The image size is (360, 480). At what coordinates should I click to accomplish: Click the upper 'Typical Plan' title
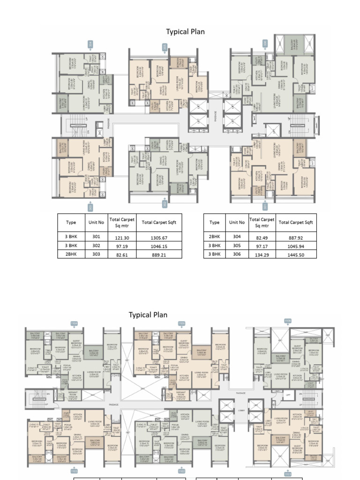pos(185,31)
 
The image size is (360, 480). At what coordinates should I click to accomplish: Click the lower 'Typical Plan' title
pos(148,315)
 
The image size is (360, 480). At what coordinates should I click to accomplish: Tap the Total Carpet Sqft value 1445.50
pos(296,255)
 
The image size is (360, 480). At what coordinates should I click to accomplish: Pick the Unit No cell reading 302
pos(94,246)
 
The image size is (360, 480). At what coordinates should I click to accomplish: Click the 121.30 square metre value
pos(122,238)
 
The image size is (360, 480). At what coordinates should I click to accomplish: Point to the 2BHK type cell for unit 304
pos(214,237)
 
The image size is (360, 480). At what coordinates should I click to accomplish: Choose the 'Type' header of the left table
pos(71,223)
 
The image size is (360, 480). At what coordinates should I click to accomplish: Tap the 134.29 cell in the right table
pos(262,255)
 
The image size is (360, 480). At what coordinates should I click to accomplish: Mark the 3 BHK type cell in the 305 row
pos(214,246)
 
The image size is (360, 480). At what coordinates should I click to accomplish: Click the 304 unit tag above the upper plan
pos(90,45)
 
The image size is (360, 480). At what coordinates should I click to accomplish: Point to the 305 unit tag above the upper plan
pos(165,47)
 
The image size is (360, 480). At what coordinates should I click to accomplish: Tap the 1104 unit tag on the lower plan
pos(74,323)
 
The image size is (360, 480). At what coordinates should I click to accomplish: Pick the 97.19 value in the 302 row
pos(122,247)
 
